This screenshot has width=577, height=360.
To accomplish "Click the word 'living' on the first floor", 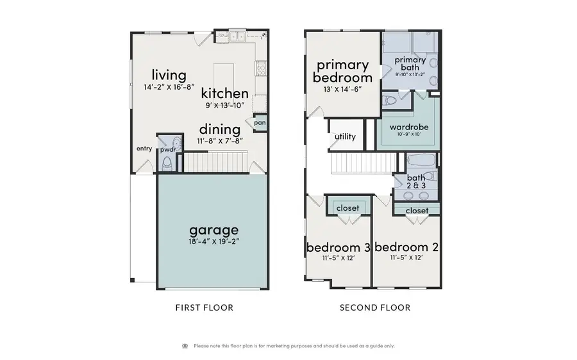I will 169,76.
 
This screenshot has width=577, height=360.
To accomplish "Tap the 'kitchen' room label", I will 224,94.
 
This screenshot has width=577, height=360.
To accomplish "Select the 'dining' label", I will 219,129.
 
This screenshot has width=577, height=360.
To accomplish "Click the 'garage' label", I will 213,229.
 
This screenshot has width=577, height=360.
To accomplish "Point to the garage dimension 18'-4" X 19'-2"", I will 213,242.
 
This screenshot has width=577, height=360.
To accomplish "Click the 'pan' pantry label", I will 260,122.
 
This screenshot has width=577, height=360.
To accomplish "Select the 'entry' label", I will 144,149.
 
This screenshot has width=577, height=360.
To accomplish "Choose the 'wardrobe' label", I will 409,127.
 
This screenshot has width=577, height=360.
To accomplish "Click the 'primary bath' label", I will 410,64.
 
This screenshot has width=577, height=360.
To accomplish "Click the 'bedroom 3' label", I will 338,247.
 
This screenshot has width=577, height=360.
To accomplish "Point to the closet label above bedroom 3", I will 347,208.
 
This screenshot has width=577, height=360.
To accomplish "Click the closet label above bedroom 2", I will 417,210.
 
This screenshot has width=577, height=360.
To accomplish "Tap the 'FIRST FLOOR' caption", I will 205,307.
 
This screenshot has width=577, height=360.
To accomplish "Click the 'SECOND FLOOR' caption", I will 375,307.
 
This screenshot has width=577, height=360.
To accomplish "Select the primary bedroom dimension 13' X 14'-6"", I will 342,89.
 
